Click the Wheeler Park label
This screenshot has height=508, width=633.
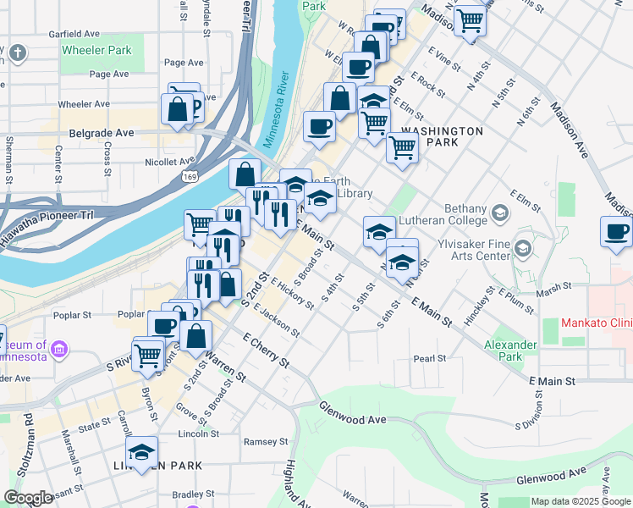(96, 50)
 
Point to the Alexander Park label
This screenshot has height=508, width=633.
(510, 351)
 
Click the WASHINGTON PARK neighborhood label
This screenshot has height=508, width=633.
(442, 137)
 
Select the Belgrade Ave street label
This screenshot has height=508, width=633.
(101, 134)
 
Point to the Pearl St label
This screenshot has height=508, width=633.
(430, 359)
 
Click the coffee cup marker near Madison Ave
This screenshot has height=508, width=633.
(616, 232)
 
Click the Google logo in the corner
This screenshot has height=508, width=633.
(29, 498)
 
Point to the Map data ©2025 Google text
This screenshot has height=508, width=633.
(581, 501)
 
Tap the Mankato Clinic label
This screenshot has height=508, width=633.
(597, 323)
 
